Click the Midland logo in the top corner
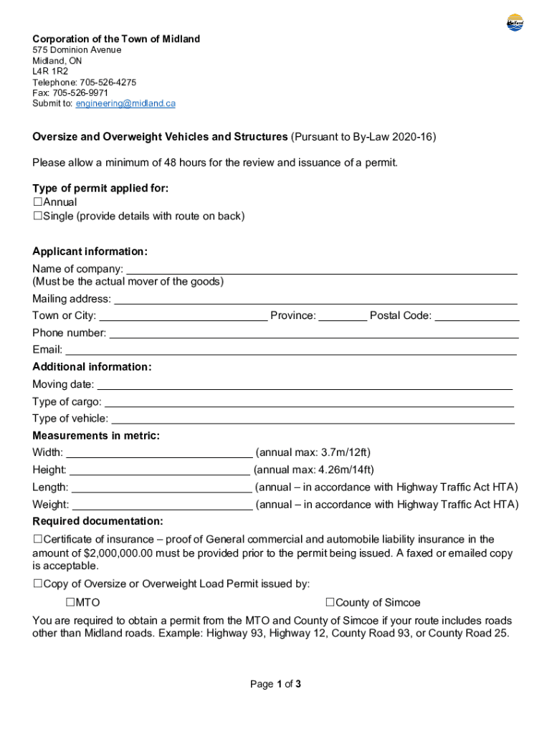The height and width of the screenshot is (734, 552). [x=515, y=23]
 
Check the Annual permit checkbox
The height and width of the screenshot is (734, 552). [x=38, y=202]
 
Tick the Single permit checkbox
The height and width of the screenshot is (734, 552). [x=38, y=216]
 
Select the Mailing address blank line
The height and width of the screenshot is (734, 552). [x=315, y=300]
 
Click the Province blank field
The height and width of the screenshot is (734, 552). [x=343, y=316]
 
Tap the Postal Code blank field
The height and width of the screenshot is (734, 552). [x=477, y=316]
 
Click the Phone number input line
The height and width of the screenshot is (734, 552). [x=313, y=333]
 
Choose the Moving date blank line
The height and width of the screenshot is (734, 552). [x=305, y=385]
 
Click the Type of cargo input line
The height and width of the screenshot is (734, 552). [x=309, y=402]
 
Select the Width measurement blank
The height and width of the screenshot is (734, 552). [x=159, y=453]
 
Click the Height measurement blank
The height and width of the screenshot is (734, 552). [x=160, y=470]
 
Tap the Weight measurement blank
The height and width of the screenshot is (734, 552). [x=162, y=505]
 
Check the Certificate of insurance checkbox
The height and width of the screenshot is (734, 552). [x=38, y=539]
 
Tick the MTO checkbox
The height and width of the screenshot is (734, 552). [x=71, y=602]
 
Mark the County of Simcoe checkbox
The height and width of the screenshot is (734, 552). [x=330, y=602]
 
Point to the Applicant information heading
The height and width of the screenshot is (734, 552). [x=90, y=252]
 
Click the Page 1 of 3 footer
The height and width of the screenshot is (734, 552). [x=275, y=685]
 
